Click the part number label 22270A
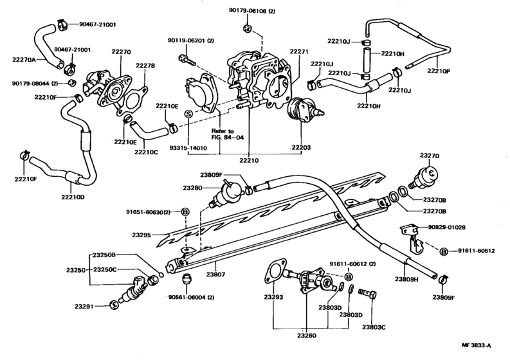(x=23, y=59)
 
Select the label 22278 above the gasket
(x=145, y=64)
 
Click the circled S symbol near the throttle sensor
(x=188, y=114)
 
